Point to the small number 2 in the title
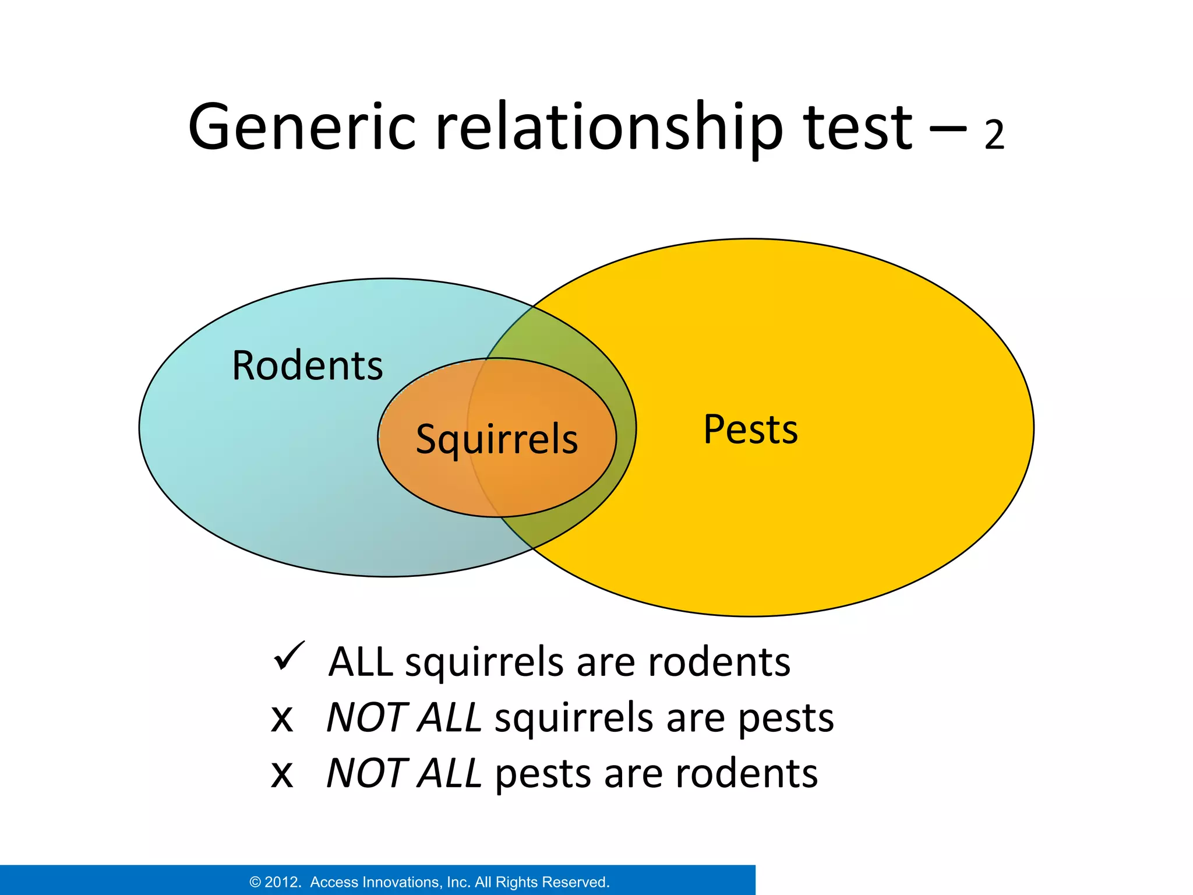[x=994, y=135]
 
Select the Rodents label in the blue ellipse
[x=307, y=366]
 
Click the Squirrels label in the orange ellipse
[x=496, y=439]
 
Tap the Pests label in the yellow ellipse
[x=750, y=429]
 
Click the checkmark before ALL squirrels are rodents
[x=288, y=657]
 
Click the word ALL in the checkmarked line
[x=361, y=663]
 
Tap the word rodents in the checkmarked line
[x=719, y=663]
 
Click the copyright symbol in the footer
[x=255, y=882]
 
